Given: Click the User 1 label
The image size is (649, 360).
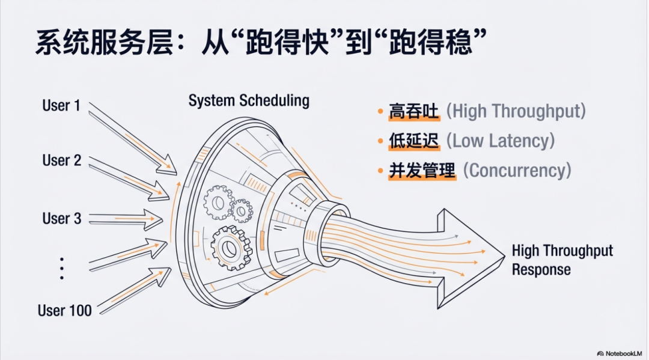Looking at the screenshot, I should pyautogui.click(x=61, y=106).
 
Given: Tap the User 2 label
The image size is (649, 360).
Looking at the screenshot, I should pyautogui.click(x=61, y=160).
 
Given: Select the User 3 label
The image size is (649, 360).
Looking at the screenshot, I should pyautogui.click(x=61, y=218).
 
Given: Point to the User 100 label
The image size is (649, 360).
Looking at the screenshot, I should pyautogui.click(x=65, y=310).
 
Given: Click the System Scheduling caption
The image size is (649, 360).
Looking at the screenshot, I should pyautogui.click(x=249, y=100).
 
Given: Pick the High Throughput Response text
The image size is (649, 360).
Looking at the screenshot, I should pyautogui.click(x=562, y=260).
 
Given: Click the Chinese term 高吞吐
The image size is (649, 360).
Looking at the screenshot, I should pyautogui.click(x=414, y=112).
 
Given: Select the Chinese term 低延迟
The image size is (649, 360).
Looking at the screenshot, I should pyautogui.click(x=414, y=141).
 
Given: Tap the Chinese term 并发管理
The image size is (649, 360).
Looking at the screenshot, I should pyautogui.click(x=422, y=171).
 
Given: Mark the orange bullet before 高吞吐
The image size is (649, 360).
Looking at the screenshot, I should pyautogui.click(x=380, y=112).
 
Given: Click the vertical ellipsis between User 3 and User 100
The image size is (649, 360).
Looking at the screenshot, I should pyautogui.click(x=62, y=267).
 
